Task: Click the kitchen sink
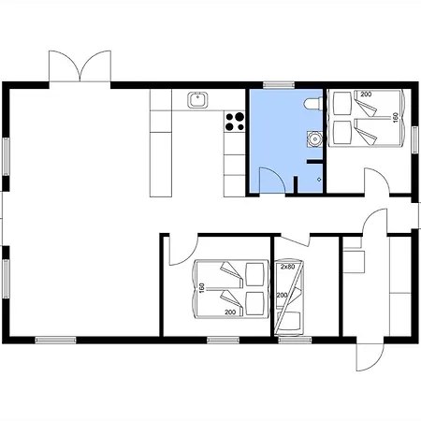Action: tap(197, 100)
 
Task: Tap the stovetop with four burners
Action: tap(235, 122)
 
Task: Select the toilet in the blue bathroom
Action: tap(313, 104)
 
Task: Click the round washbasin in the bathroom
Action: tap(314, 138)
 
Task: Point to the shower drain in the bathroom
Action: tap(319, 180)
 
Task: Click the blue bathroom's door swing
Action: tap(272, 181)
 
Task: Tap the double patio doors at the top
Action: tap(80, 66)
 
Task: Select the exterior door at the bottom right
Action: tap(370, 357)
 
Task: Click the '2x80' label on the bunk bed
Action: tap(287, 267)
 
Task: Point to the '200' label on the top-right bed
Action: tap(366, 94)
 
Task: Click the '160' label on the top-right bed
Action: tap(396, 118)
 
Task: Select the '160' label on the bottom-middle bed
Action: tap(202, 288)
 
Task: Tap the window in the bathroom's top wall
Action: tap(279, 84)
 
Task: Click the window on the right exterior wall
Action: tap(414, 139)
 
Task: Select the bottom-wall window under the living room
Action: tap(55, 340)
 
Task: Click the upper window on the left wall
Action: tap(7, 156)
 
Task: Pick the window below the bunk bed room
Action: tap(295, 340)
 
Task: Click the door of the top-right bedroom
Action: tap(377, 181)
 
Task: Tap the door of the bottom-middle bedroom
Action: tap(183, 250)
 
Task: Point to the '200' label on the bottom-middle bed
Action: tap(230, 312)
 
